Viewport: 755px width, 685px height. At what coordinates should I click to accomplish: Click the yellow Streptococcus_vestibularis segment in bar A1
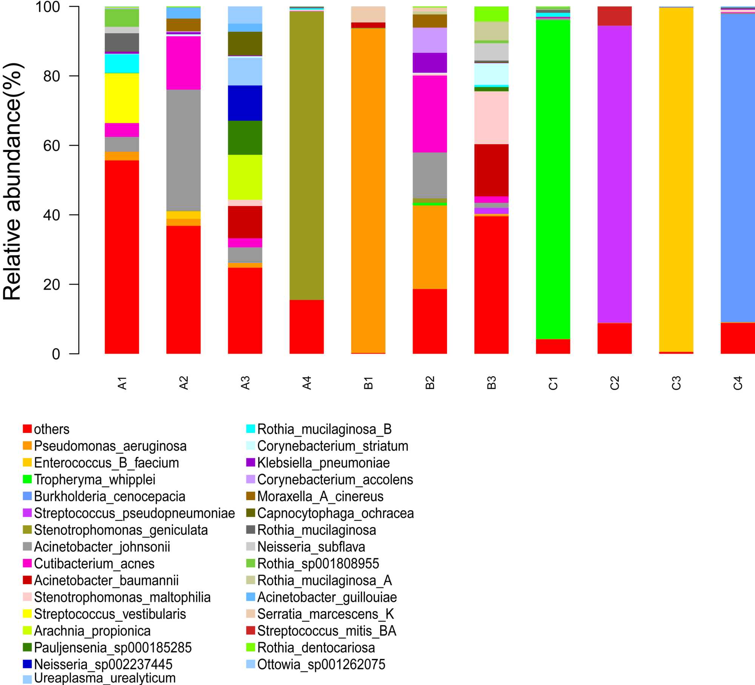pyautogui.click(x=122, y=98)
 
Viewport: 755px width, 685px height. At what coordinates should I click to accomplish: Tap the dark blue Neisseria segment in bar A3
pyautogui.click(x=245, y=103)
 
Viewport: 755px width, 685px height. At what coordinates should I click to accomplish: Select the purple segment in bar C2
pyautogui.click(x=615, y=174)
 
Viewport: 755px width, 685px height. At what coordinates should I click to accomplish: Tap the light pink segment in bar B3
pyautogui.click(x=492, y=118)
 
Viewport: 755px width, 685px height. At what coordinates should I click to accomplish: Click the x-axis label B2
pyautogui.click(x=430, y=383)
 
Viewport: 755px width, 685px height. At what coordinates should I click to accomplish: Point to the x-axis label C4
pyautogui.click(x=738, y=383)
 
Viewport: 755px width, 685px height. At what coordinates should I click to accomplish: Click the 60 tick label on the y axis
pyautogui.click(x=52, y=146)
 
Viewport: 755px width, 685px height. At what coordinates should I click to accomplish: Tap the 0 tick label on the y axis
pyautogui.click(x=56, y=354)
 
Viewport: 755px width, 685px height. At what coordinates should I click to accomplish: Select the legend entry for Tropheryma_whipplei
pyautogui.click(x=94, y=480)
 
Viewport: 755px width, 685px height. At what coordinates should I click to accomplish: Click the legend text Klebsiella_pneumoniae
pyautogui.click(x=323, y=463)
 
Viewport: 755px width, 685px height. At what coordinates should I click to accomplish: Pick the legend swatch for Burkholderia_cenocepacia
pyautogui.click(x=27, y=496)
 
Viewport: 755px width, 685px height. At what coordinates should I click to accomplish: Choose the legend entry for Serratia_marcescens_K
pyautogui.click(x=325, y=614)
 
